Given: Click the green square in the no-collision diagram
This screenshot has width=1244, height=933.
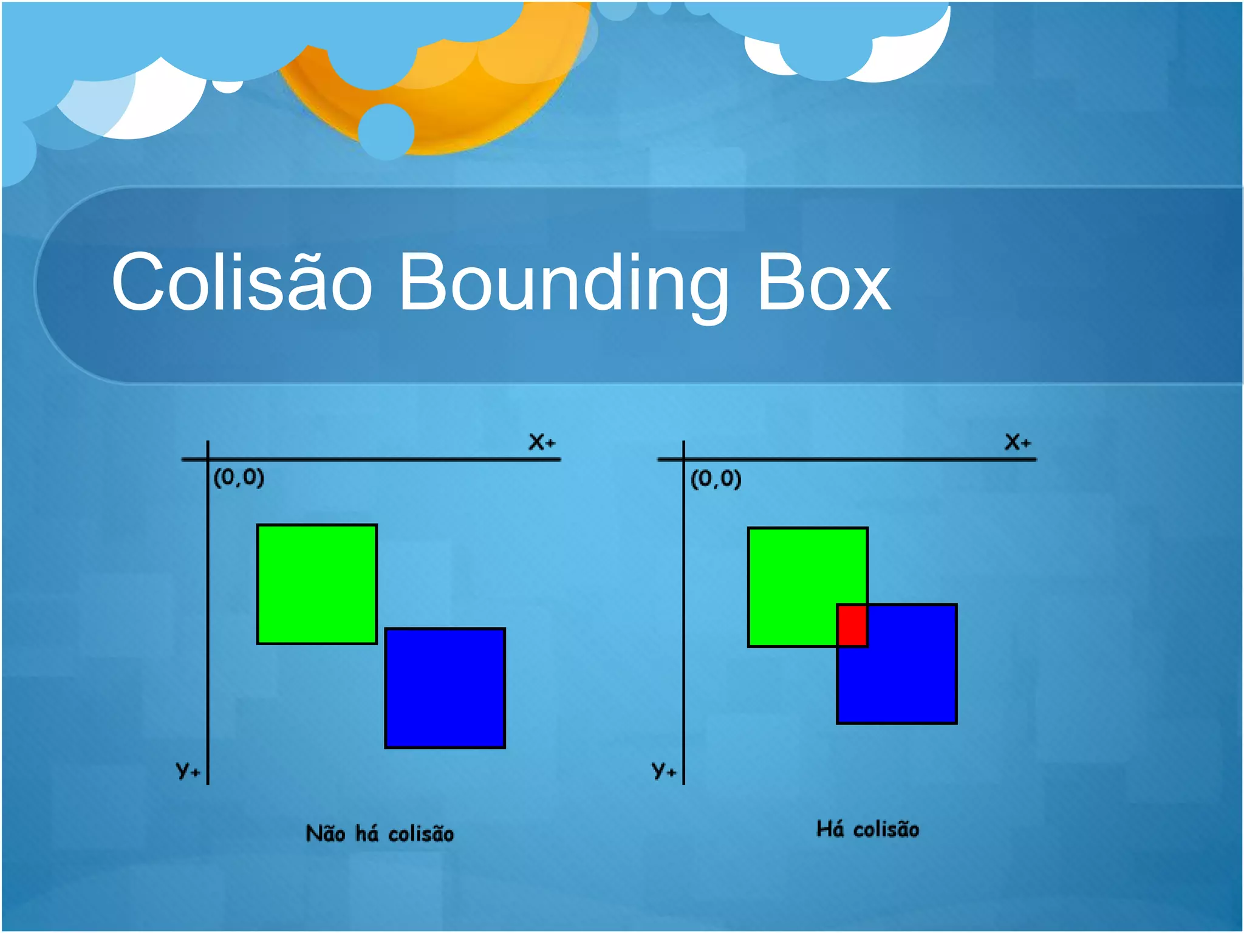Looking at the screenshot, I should (316, 584).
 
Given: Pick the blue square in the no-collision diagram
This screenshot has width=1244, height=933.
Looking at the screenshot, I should (445, 688).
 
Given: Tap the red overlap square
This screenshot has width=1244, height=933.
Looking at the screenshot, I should (852, 625).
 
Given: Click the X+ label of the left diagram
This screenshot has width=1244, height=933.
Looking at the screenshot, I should (541, 442).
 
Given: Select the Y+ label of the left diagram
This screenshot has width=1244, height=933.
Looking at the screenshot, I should (188, 770).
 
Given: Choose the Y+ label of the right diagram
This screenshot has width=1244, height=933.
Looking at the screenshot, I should (663, 770).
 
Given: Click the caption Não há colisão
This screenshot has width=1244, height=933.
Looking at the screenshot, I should (380, 833).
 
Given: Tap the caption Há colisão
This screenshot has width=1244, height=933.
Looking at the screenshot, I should (867, 829).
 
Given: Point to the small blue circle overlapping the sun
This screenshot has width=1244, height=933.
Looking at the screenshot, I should (386, 131).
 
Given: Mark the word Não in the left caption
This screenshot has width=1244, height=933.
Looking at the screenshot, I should (326, 833).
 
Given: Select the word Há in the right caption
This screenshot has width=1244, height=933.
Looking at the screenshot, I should (830, 829).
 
